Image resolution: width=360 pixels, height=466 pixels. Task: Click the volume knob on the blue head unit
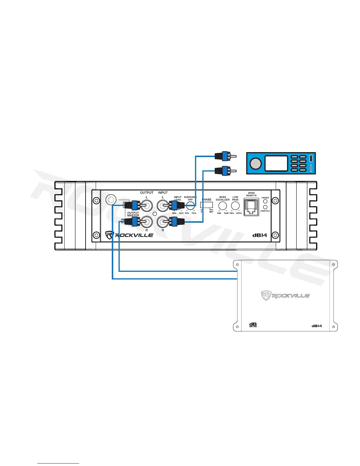(x=256, y=163)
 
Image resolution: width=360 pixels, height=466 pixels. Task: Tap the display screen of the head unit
(x=276, y=163)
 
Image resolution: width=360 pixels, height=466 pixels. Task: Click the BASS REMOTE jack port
(x=251, y=207)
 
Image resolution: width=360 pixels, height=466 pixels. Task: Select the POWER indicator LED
(x=265, y=202)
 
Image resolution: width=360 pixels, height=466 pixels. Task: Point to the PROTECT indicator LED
(x=265, y=207)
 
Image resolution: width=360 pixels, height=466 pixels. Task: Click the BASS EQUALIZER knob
(x=223, y=206)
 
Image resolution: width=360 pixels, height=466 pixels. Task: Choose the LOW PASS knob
(x=235, y=206)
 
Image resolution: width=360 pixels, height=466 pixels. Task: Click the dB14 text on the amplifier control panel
(x=260, y=235)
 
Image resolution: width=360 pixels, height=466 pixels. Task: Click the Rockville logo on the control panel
(x=129, y=235)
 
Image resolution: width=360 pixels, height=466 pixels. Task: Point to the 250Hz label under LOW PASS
(x=239, y=213)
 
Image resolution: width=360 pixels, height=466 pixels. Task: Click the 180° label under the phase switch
(x=211, y=212)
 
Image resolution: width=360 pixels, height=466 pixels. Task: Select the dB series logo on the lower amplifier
(x=253, y=325)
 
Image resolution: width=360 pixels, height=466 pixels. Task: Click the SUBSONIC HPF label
(x=190, y=198)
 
